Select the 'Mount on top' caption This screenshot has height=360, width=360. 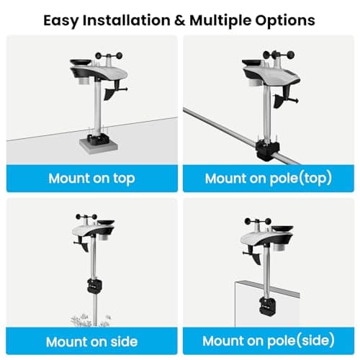[91, 178]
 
